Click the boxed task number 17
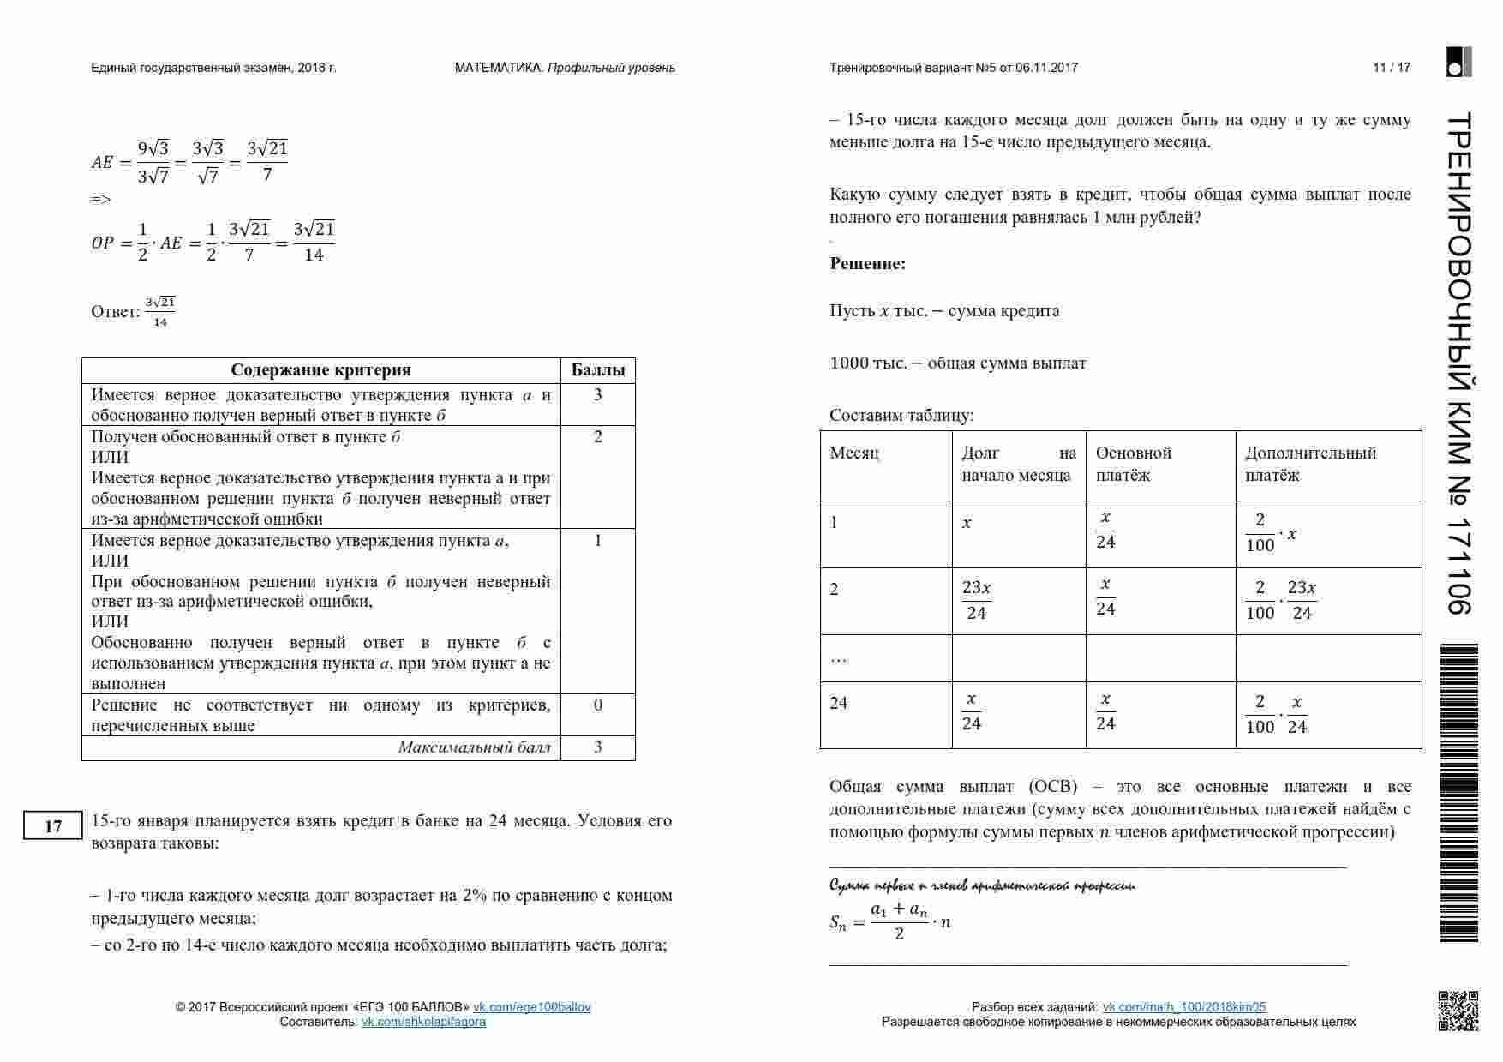coord(52,825)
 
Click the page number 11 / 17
coord(1391,68)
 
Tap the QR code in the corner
coord(1458,1011)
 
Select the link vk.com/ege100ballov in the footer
coord(531,1007)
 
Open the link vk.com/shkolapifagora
coord(423,1022)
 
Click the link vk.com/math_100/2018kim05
coord(1183,1007)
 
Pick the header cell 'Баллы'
coord(597,370)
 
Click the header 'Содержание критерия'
coord(320,370)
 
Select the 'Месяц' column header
coord(854,453)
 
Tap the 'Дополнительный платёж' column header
coord(1310,464)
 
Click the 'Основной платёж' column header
coord(1133,464)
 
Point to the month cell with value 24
coord(839,704)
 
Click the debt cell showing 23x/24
coord(976,600)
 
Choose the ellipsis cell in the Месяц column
coord(839,658)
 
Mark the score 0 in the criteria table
coord(597,705)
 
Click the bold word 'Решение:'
coord(867,264)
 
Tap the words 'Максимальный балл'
coord(474,747)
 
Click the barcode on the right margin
coord(1458,793)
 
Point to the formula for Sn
coord(890,921)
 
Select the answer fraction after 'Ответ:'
coord(160,312)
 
